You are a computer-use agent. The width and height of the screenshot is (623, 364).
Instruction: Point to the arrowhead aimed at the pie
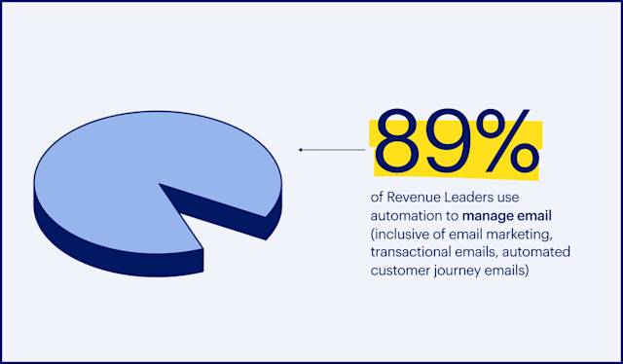302,150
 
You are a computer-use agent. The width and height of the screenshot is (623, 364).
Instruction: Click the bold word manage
490,216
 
